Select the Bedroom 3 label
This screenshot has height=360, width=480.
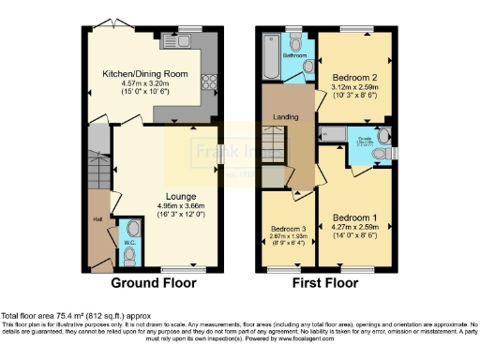click(x=288, y=229)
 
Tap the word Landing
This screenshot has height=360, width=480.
click(x=283, y=116)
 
